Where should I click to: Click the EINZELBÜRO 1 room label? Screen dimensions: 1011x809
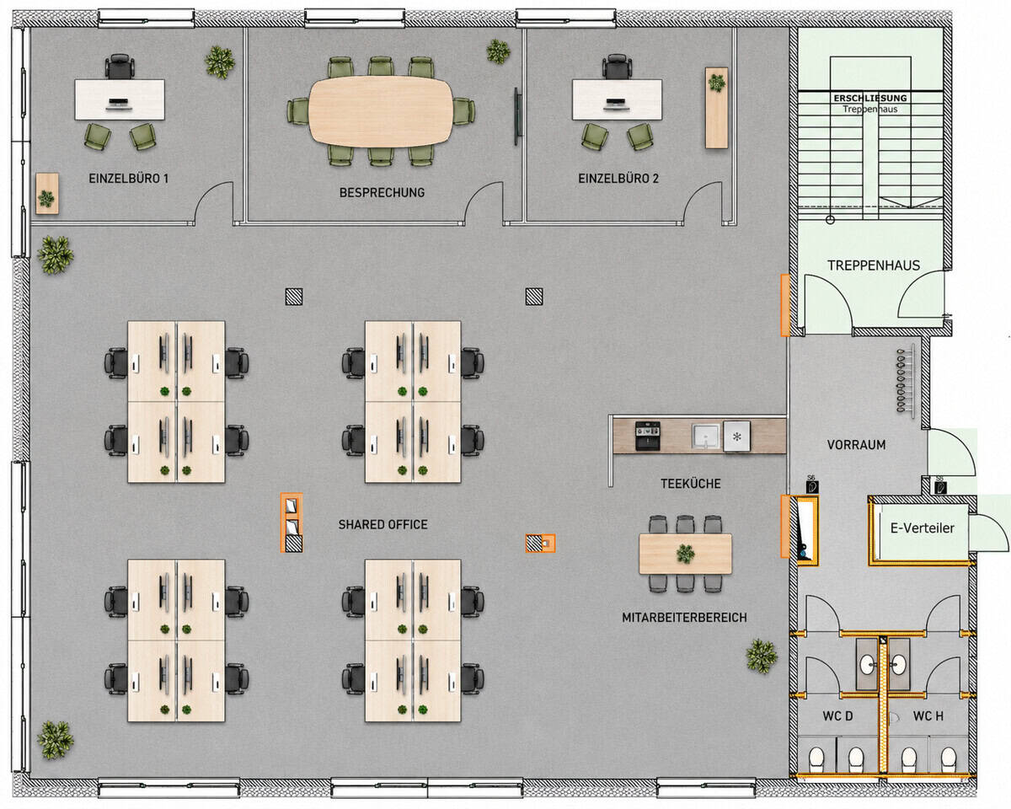tap(128, 179)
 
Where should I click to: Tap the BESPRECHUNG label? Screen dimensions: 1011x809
tap(382, 193)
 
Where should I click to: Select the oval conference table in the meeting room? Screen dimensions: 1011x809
tap(381, 111)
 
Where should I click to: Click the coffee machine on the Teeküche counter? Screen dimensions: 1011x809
tap(648, 436)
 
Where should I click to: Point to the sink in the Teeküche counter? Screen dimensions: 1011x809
tap(706, 437)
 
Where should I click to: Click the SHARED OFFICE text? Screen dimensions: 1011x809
tap(382, 525)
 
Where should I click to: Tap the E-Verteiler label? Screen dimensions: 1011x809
tap(923, 528)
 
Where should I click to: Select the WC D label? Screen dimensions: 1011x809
tap(837, 716)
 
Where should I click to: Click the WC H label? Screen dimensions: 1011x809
tap(928, 716)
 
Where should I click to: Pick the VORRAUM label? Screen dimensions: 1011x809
tap(857, 445)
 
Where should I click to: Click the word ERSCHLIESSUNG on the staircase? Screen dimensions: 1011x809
tap(870, 99)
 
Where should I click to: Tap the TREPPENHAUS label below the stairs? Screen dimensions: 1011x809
tap(874, 265)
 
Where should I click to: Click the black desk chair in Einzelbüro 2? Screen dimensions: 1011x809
tap(617, 67)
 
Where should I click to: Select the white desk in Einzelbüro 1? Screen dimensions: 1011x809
tap(120, 99)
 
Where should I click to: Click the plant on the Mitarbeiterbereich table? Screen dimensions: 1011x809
tap(686, 554)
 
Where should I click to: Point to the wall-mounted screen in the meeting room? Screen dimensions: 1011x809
tap(517, 116)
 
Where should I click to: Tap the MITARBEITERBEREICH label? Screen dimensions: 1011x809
tap(684, 617)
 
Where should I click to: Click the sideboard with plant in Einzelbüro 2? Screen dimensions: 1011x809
tap(716, 108)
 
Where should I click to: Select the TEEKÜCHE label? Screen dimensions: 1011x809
tap(691, 484)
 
